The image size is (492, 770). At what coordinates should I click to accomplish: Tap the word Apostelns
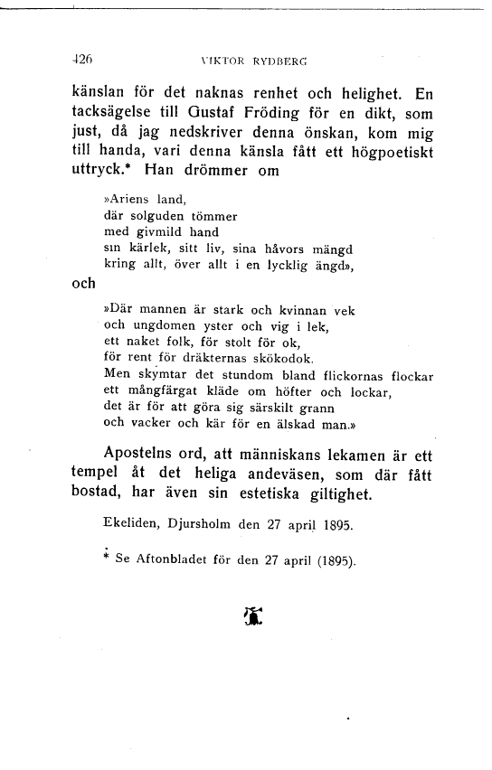(144, 453)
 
